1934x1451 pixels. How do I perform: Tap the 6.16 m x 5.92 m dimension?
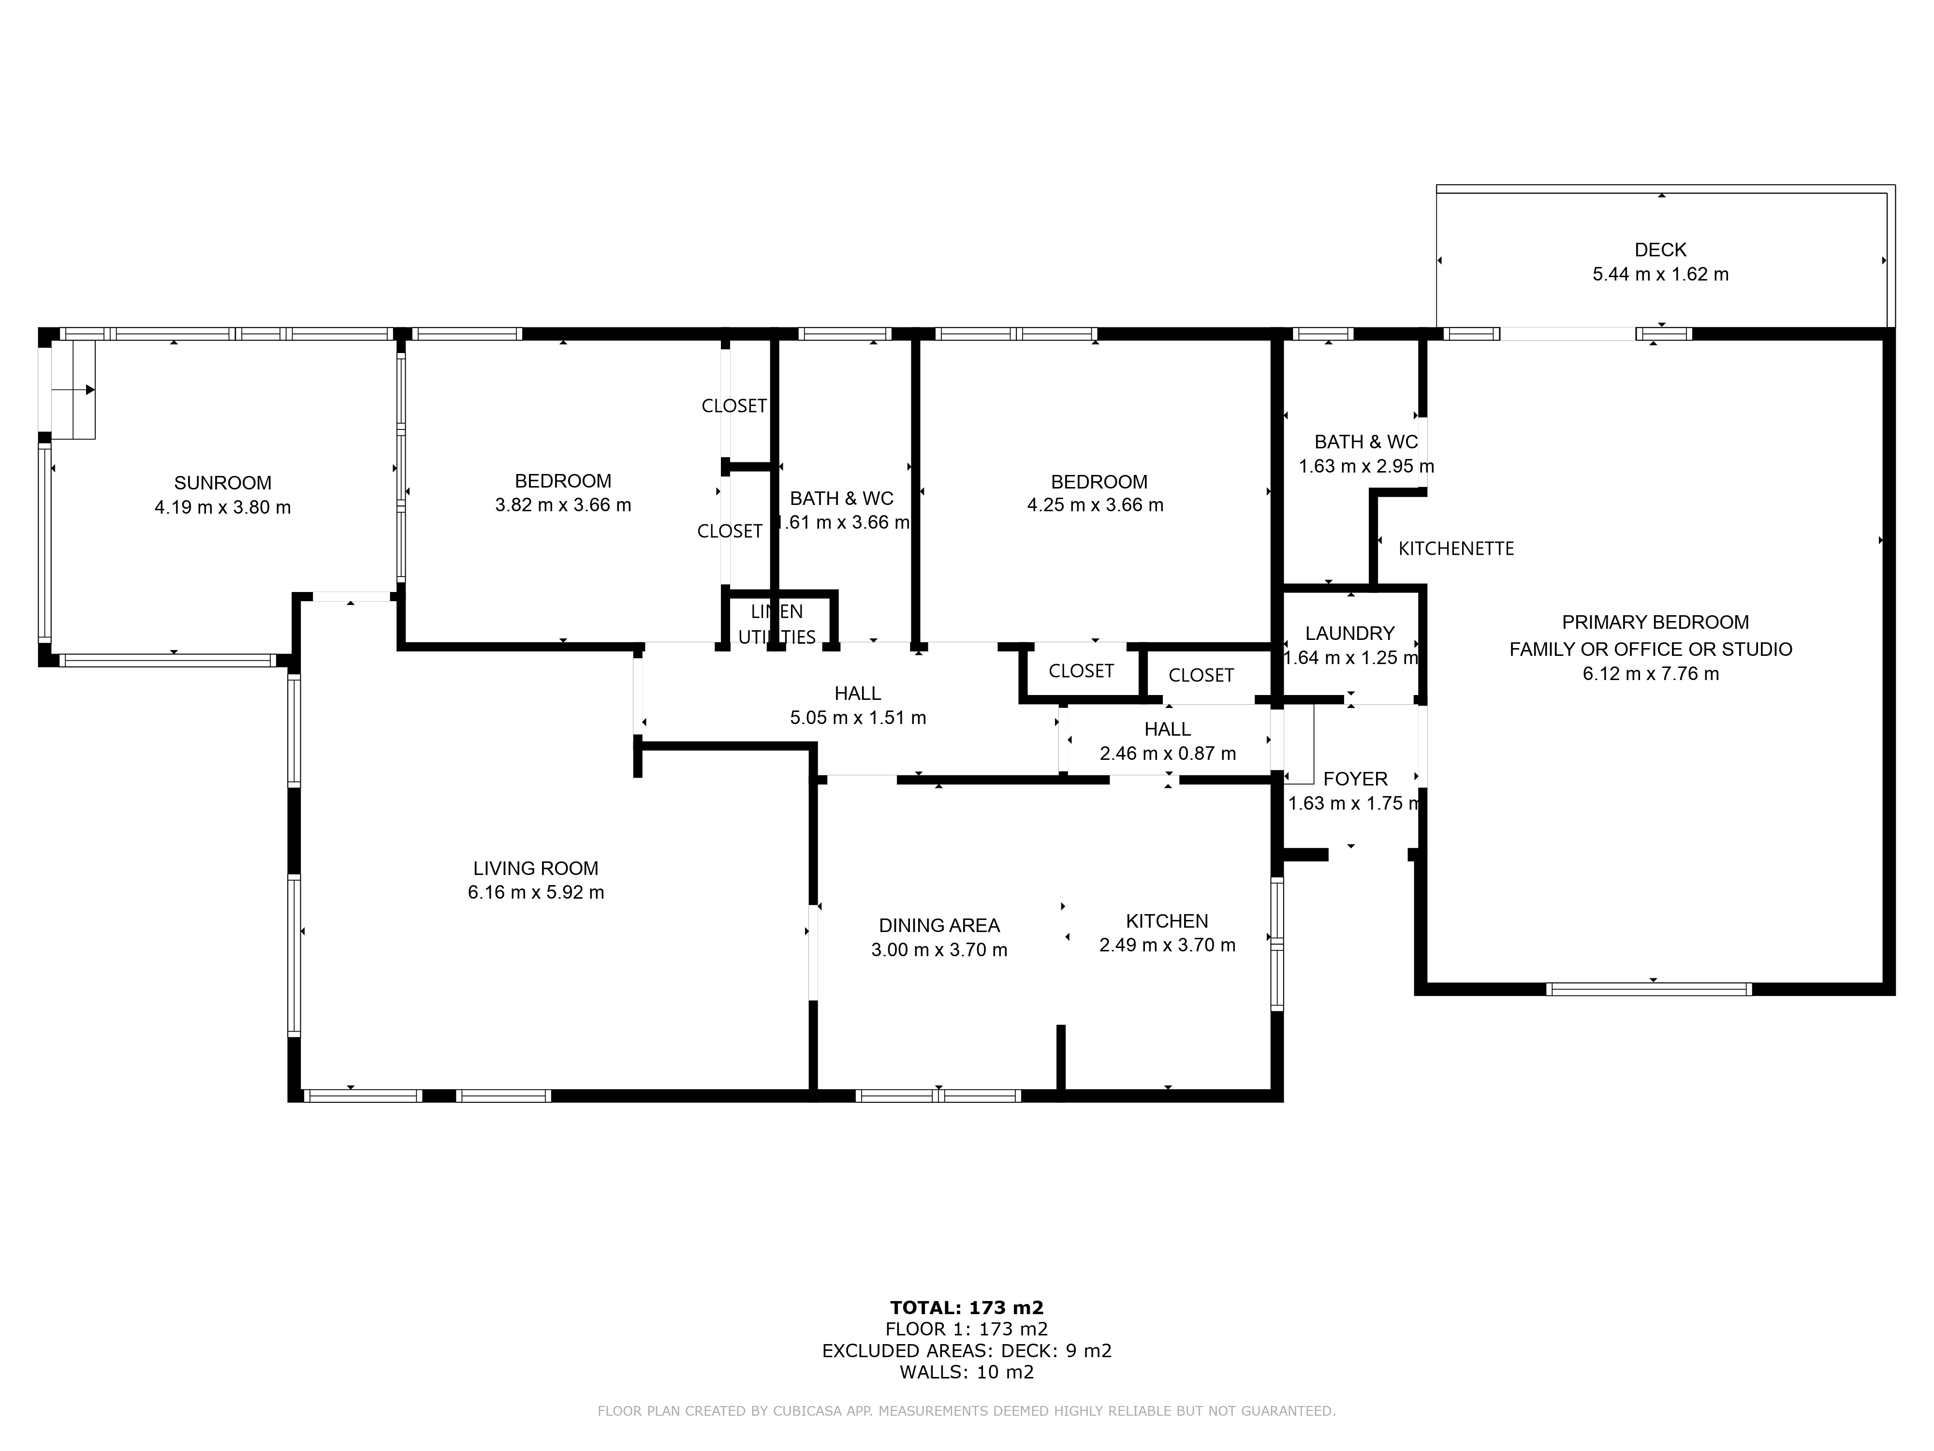click(536, 892)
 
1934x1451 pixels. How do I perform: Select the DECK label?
click(1660, 250)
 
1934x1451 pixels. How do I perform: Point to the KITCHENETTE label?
click(1456, 548)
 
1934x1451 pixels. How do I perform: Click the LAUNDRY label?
click(1350, 633)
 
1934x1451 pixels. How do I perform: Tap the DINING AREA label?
click(939, 925)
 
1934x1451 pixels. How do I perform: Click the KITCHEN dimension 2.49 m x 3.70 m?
click(1167, 945)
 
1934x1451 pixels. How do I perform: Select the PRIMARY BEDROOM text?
click(1655, 622)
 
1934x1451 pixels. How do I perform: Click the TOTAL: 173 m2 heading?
click(967, 1307)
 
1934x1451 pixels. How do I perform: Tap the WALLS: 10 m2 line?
click(967, 1371)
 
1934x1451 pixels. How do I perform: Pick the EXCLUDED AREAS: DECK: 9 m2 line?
click(967, 1350)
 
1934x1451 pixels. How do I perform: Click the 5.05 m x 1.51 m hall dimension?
click(858, 717)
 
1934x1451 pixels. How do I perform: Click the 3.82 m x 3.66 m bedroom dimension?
click(563, 504)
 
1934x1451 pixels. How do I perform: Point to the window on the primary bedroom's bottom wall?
click(1649, 989)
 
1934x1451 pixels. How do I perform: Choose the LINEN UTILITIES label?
click(777, 624)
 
